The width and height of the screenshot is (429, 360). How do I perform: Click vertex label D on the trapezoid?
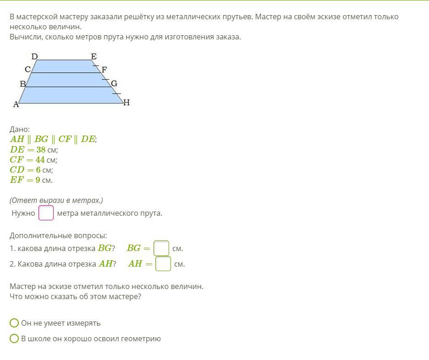tap(34, 57)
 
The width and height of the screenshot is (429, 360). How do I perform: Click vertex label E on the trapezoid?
tap(93, 57)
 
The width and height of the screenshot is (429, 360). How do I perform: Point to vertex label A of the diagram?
tap(16, 104)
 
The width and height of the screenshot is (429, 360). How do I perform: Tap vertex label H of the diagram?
tap(126, 103)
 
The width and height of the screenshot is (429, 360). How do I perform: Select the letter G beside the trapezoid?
tap(114, 83)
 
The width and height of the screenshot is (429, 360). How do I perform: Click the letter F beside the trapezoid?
tap(104, 70)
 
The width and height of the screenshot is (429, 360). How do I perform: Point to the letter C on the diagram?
tap(27, 70)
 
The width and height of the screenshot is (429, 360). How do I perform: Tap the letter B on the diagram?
tap(23, 84)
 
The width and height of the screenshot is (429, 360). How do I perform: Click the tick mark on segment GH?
tap(116, 93)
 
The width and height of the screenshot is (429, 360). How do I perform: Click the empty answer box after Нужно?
tap(46, 213)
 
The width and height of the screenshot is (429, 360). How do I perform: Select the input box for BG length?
tap(161, 248)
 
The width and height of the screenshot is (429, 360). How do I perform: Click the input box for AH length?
tap(163, 263)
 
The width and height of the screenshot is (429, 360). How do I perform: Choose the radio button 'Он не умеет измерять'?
tap(14, 323)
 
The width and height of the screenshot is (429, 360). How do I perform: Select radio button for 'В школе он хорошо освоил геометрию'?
tap(14, 338)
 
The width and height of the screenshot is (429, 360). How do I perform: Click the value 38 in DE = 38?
tap(41, 149)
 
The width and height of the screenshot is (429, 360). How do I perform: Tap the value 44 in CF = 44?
tap(40, 160)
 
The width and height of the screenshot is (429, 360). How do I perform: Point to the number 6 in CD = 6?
tap(38, 170)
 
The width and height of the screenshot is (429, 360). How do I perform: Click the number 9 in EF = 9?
tap(38, 180)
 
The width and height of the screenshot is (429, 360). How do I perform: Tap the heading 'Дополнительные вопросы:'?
tap(58, 235)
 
